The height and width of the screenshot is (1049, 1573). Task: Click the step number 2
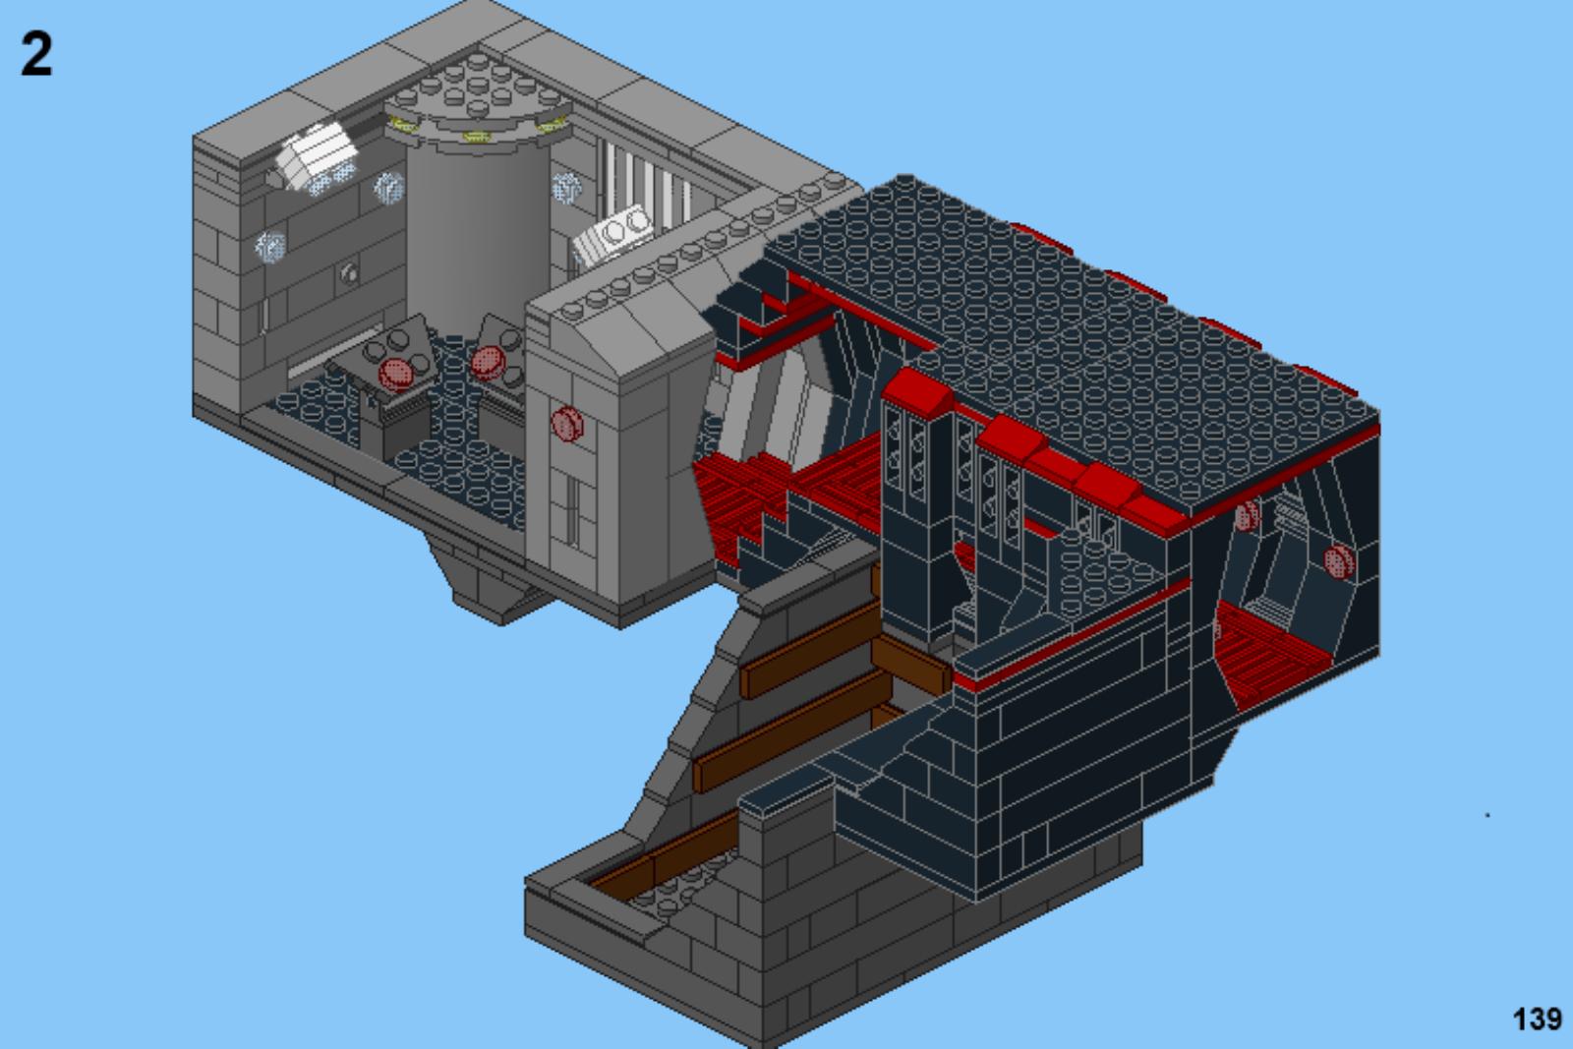36,54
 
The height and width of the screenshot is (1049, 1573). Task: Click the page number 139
1538,1019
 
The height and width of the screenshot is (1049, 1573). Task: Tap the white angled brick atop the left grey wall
316,156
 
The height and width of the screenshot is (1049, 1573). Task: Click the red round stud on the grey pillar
567,424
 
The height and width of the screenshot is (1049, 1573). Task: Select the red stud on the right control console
488,363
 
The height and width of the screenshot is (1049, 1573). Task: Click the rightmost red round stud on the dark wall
1339,561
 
